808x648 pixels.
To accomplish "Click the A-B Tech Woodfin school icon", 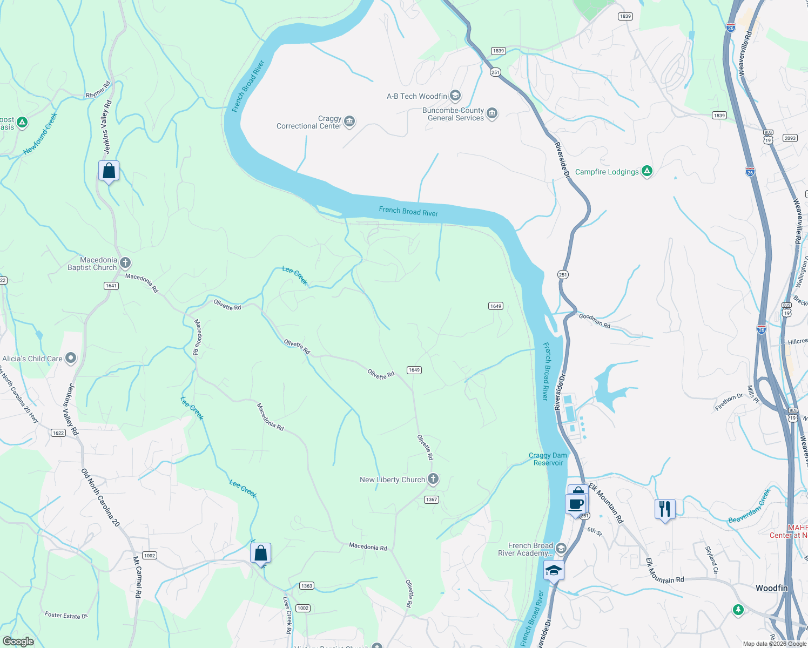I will click(x=455, y=96).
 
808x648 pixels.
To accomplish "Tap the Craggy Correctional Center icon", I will click(x=349, y=121).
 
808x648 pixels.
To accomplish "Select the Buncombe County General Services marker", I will click(x=491, y=113).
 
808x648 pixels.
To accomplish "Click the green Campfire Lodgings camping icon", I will click(x=647, y=171).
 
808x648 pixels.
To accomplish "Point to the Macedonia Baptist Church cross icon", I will click(x=125, y=263).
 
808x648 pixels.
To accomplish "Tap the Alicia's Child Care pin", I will click(x=71, y=358).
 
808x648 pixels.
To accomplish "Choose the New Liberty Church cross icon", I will click(x=433, y=478).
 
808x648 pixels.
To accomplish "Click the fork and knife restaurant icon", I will click(x=665, y=509).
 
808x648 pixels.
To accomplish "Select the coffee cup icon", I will click(x=576, y=504).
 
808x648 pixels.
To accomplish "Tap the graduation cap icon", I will click(x=554, y=570).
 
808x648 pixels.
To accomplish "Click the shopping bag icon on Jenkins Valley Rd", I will click(x=109, y=171).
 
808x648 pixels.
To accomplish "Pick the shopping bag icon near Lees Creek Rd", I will click(x=260, y=553).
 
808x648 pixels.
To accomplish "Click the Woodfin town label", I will click(x=771, y=588).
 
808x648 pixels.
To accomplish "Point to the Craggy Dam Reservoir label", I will click(x=548, y=459).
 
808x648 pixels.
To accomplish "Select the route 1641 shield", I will click(x=111, y=286).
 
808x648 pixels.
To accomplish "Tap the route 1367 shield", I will click(x=431, y=500).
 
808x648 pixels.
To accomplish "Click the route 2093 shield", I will click(x=790, y=138).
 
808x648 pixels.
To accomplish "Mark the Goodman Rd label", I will click(x=594, y=321).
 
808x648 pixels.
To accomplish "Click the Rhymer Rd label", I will click(x=98, y=90).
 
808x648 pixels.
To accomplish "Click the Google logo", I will click(x=18, y=642).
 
